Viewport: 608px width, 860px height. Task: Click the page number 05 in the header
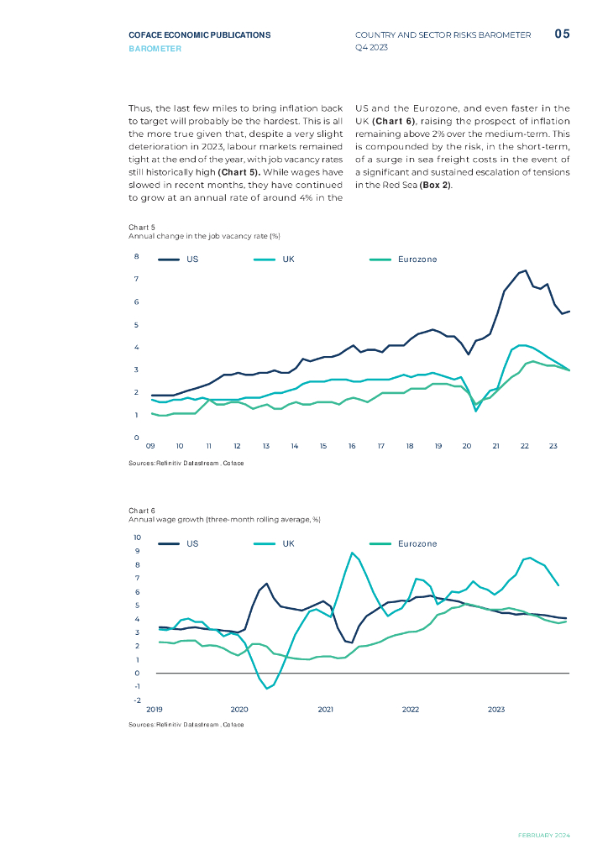(563, 34)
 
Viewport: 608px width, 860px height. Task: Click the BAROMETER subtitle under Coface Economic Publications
(155, 49)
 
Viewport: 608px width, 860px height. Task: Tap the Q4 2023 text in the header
(372, 49)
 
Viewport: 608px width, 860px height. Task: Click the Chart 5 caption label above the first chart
(142, 228)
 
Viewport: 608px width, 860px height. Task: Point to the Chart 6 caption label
(142, 511)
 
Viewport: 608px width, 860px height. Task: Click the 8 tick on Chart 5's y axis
(137, 256)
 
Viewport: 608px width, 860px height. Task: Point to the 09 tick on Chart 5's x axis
(150, 446)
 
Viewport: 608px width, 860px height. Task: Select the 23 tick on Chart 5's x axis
(553, 446)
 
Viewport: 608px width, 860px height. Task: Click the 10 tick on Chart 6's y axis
(138, 537)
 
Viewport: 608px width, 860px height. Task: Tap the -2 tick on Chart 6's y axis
(137, 700)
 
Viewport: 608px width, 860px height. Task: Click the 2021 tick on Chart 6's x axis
(326, 710)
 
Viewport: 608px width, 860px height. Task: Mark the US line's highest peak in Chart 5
(525, 270)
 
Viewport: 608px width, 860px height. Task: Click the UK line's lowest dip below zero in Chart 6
(267, 689)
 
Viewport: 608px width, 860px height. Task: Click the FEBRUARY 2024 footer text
(543, 836)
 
